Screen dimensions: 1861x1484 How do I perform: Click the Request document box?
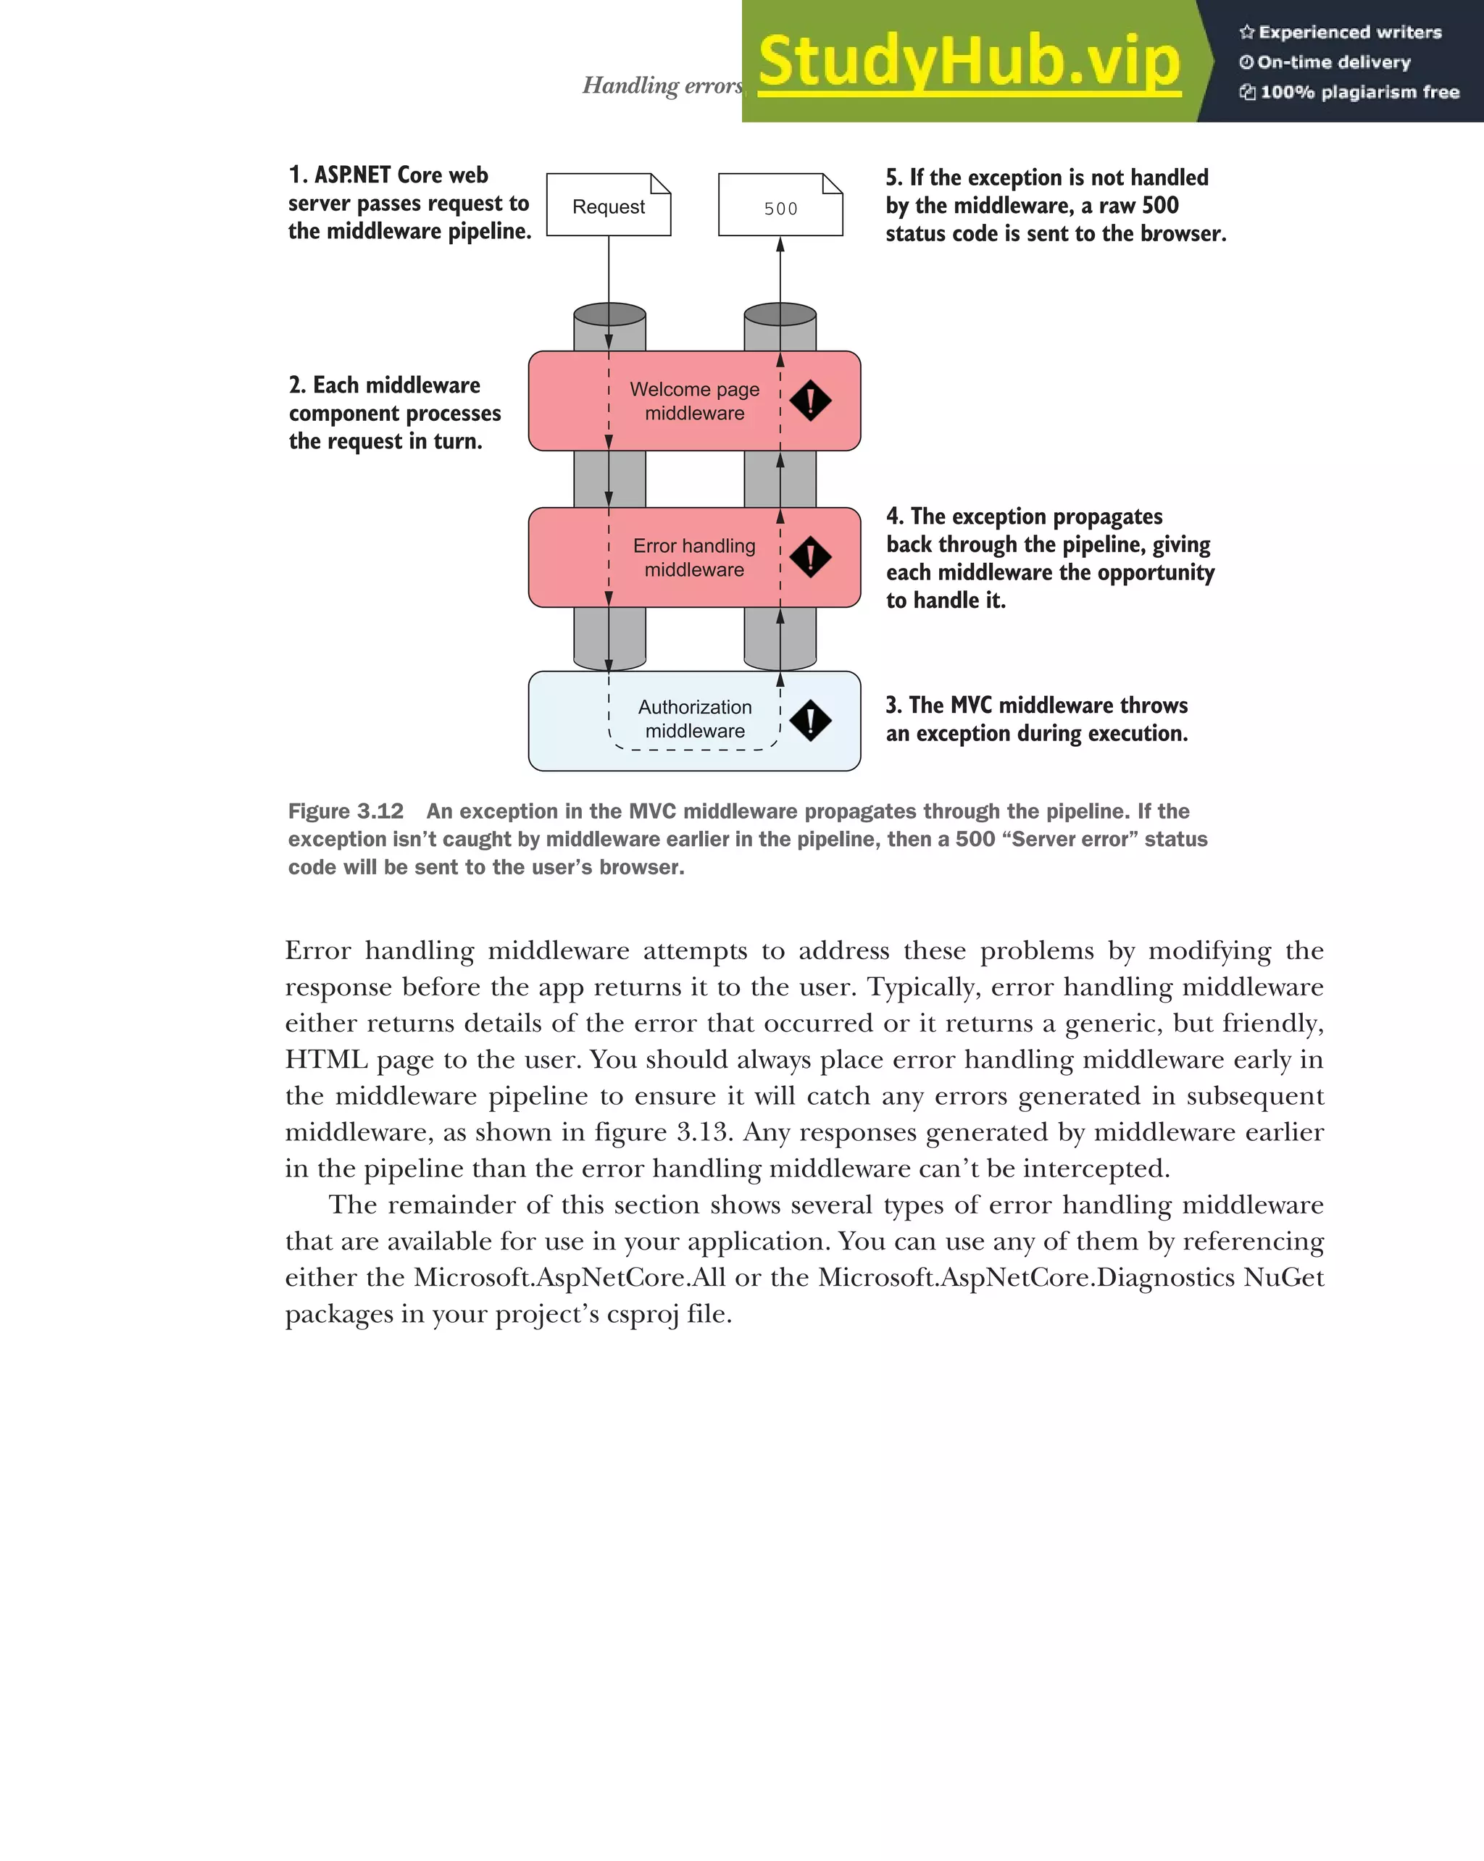click(609, 206)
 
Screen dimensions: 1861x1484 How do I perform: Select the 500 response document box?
click(780, 206)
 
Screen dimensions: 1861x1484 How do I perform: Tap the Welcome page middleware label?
click(694, 401)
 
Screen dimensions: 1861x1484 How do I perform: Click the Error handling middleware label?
click(694, 558)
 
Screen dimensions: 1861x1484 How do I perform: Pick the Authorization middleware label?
click(695, 719)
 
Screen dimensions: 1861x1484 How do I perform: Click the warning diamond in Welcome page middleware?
click(810, 401)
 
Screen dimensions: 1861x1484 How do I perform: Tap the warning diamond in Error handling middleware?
click(810, 557)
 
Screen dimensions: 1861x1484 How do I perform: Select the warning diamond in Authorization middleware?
click(810, 721)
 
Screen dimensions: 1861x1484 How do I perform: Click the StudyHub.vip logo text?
click(969, 62)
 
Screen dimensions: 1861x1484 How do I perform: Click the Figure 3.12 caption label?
click(346, 811)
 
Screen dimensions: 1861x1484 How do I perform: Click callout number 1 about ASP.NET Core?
click(409, 203)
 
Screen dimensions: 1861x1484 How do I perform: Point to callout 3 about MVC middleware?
click(1036, 719)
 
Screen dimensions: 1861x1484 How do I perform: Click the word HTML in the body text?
click(325, 1060)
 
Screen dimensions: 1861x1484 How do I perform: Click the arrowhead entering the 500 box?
click(780, 244)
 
